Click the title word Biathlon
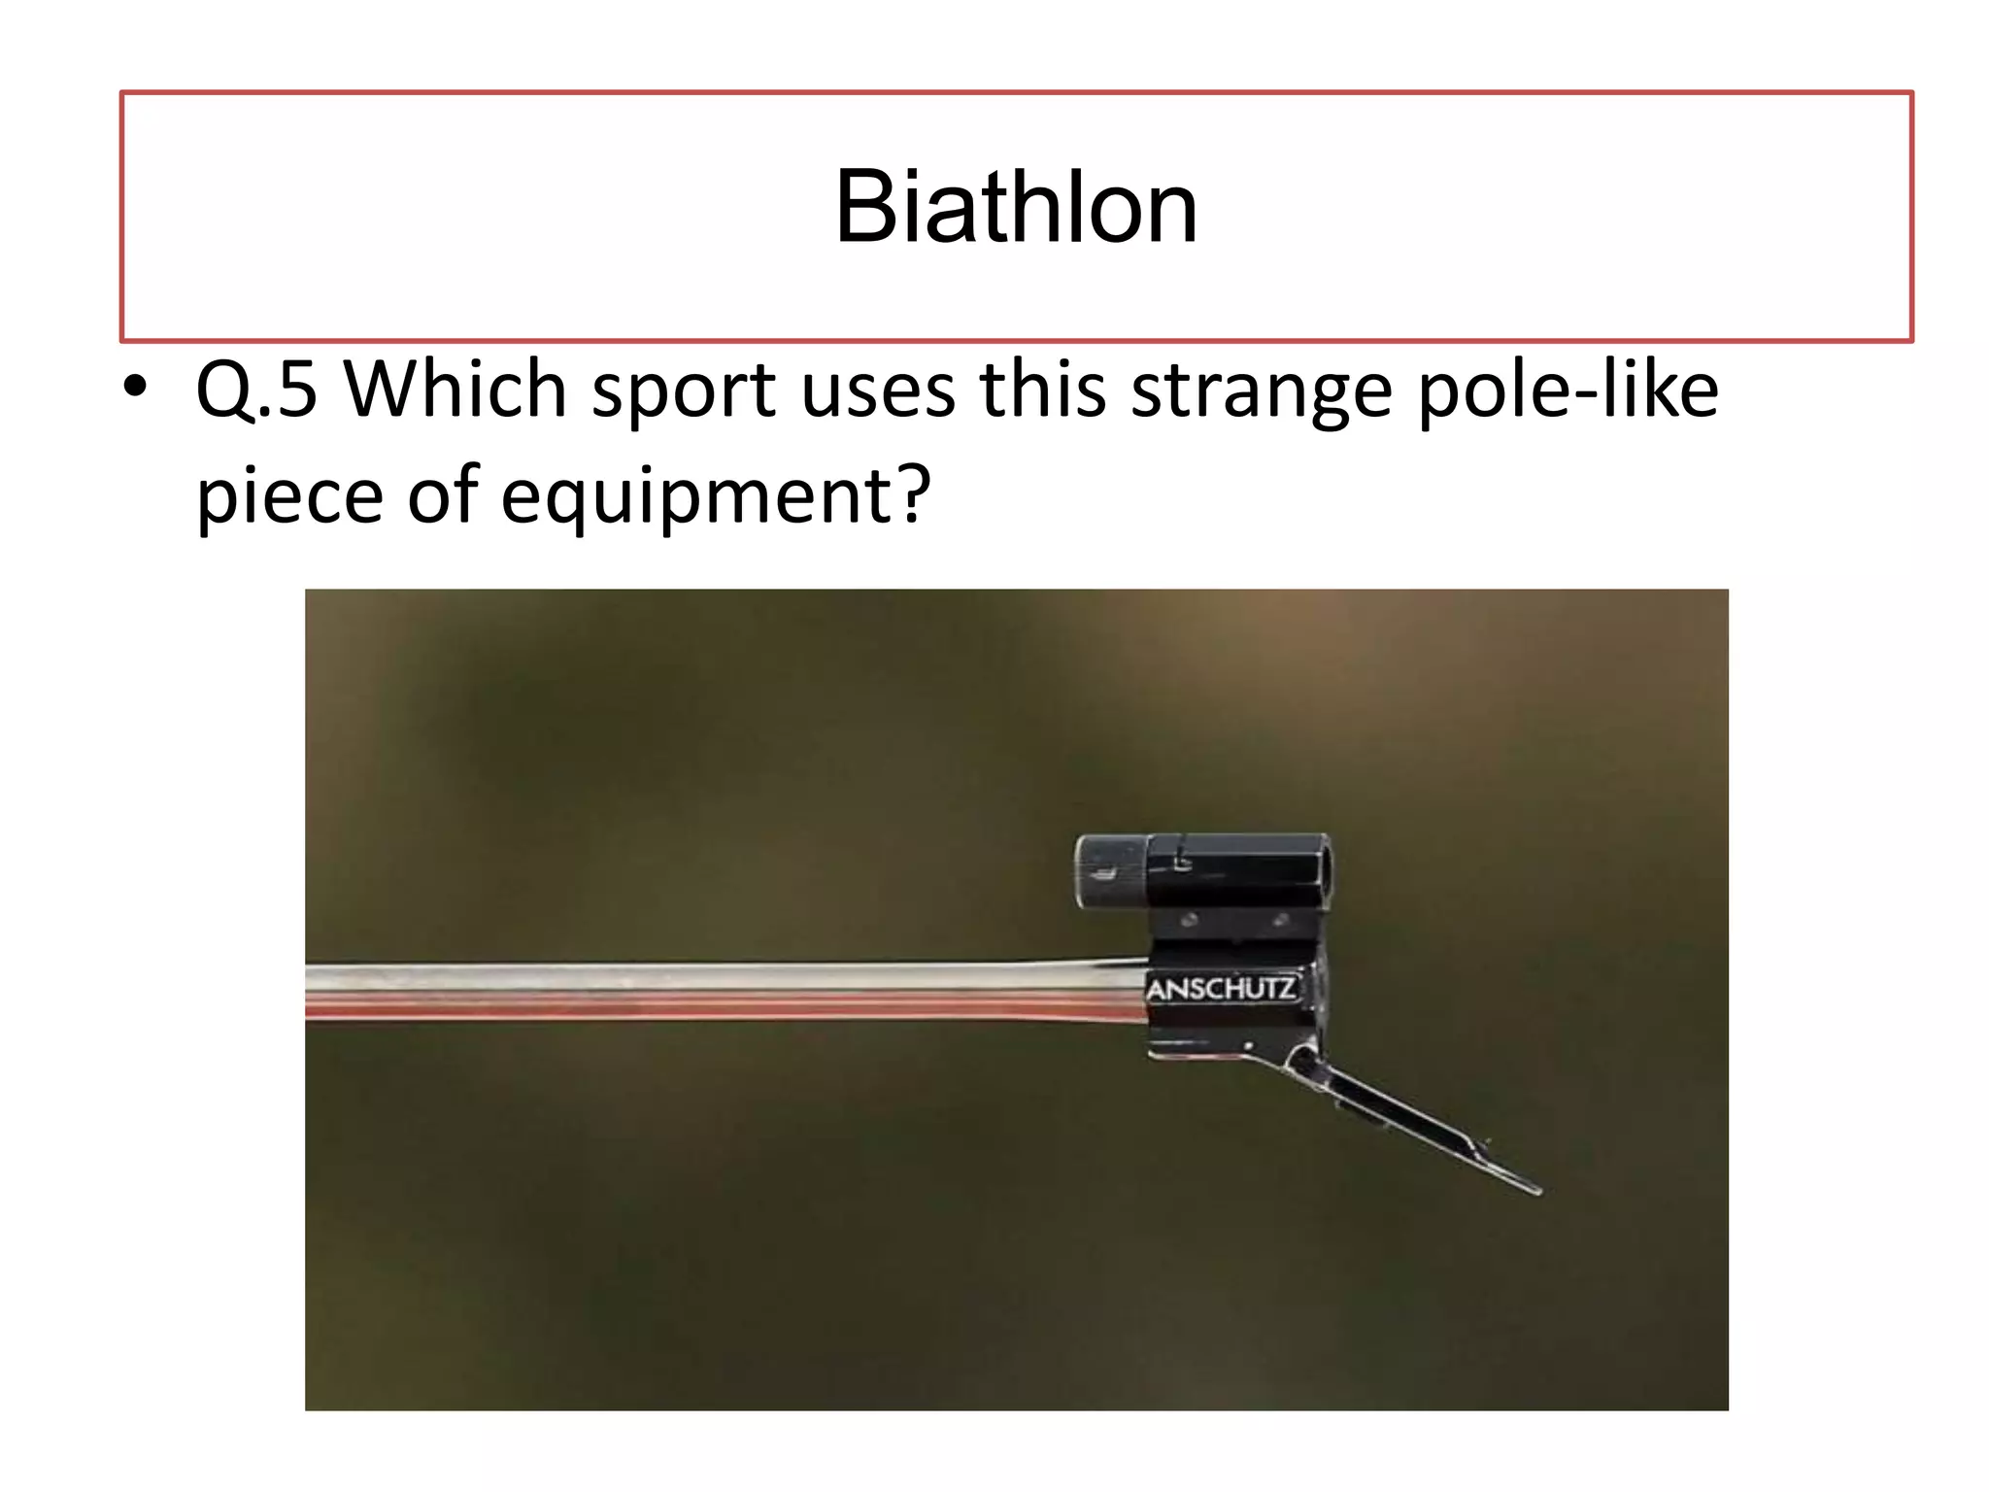(1016, 208)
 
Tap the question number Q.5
(255, 390)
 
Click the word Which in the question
(455, 390)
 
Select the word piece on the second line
(289, 495)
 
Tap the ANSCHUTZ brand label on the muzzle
(1221, 991)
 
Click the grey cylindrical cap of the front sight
(1109, 871)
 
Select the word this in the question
(1040, 390)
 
